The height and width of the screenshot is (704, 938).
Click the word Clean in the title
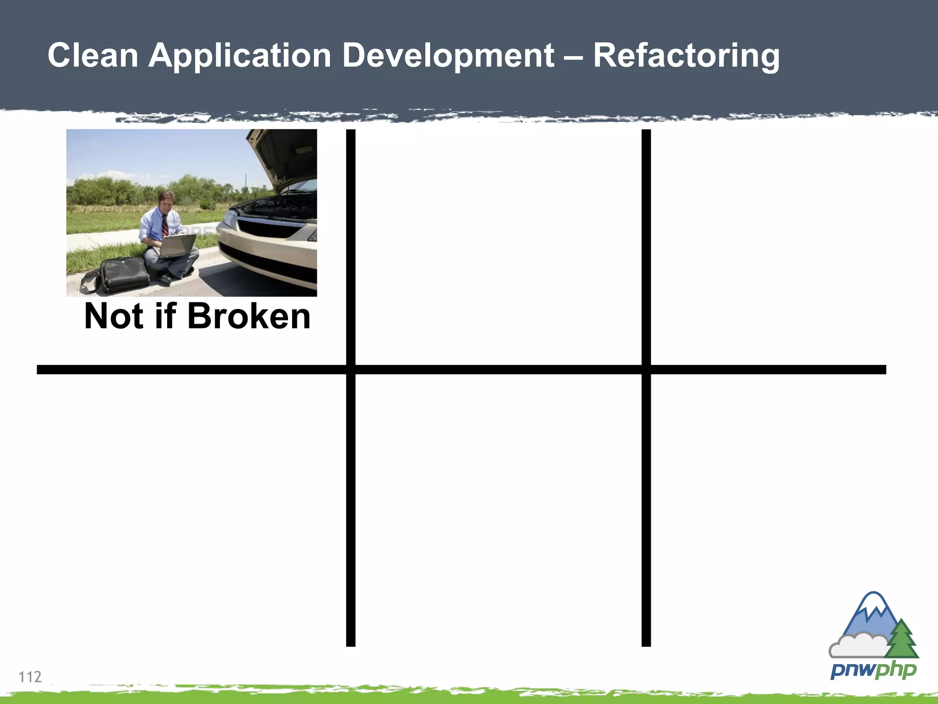93,55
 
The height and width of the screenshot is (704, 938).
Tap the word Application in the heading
240,55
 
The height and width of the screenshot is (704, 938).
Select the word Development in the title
448,55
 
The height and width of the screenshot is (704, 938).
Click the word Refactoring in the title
686,55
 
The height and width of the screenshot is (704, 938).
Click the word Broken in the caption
249,316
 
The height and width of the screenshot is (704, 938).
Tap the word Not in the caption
115,316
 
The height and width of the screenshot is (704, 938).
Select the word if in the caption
165,316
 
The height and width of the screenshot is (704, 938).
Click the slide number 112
30,677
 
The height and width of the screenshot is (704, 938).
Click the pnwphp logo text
873,671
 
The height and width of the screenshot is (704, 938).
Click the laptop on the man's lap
177,246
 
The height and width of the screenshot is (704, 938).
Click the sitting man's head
165,200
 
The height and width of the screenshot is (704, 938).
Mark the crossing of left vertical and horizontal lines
351,370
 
